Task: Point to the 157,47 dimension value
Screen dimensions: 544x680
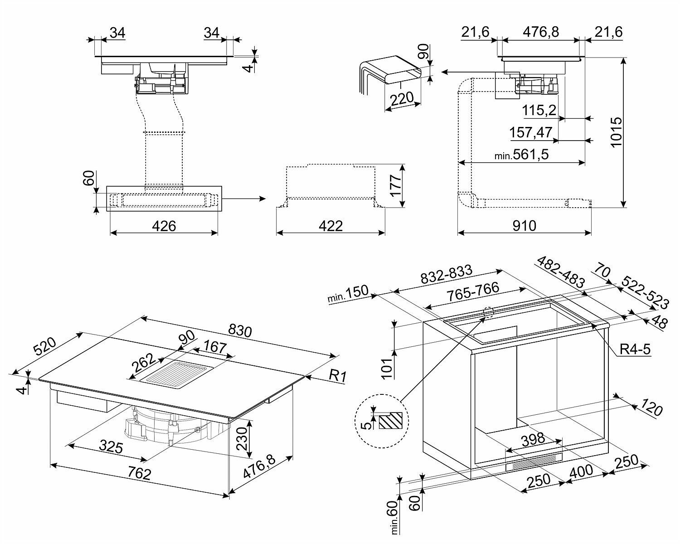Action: point(531,133)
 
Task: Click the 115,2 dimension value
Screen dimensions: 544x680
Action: point(539,110)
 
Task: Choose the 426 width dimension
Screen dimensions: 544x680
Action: point(164,225)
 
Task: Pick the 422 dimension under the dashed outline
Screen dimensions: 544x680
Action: point(330,225)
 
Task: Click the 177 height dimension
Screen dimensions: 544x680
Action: point(396,186)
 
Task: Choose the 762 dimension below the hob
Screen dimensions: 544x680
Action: point(139,474)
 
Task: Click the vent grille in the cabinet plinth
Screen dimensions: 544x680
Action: point(534,462)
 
